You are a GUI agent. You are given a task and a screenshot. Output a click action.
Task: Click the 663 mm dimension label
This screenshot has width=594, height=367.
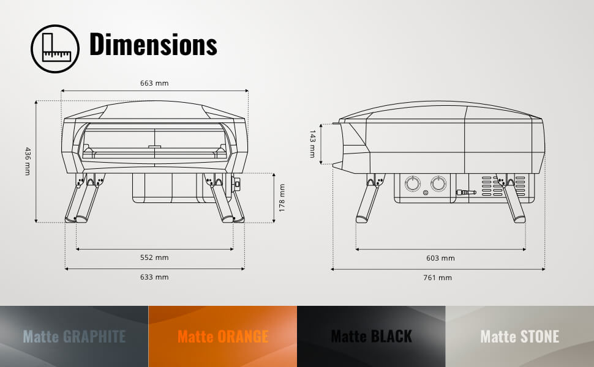154,83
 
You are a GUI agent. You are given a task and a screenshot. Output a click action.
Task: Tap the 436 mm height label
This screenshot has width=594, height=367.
28,161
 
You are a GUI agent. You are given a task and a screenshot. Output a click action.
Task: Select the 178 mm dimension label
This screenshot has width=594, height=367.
282,198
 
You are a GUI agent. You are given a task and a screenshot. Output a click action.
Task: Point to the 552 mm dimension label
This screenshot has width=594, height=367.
154,258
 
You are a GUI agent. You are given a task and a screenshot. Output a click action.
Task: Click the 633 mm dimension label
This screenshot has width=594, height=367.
154,277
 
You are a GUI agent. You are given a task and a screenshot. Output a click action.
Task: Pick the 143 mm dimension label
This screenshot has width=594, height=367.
312,144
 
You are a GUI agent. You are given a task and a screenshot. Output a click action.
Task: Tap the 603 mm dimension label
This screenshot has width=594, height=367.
440,258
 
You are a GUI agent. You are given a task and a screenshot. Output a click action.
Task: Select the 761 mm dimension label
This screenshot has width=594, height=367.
438,278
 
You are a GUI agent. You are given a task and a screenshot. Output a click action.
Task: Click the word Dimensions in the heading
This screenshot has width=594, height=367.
153,45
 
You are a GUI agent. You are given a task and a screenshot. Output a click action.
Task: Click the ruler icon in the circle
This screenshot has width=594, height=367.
55,49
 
